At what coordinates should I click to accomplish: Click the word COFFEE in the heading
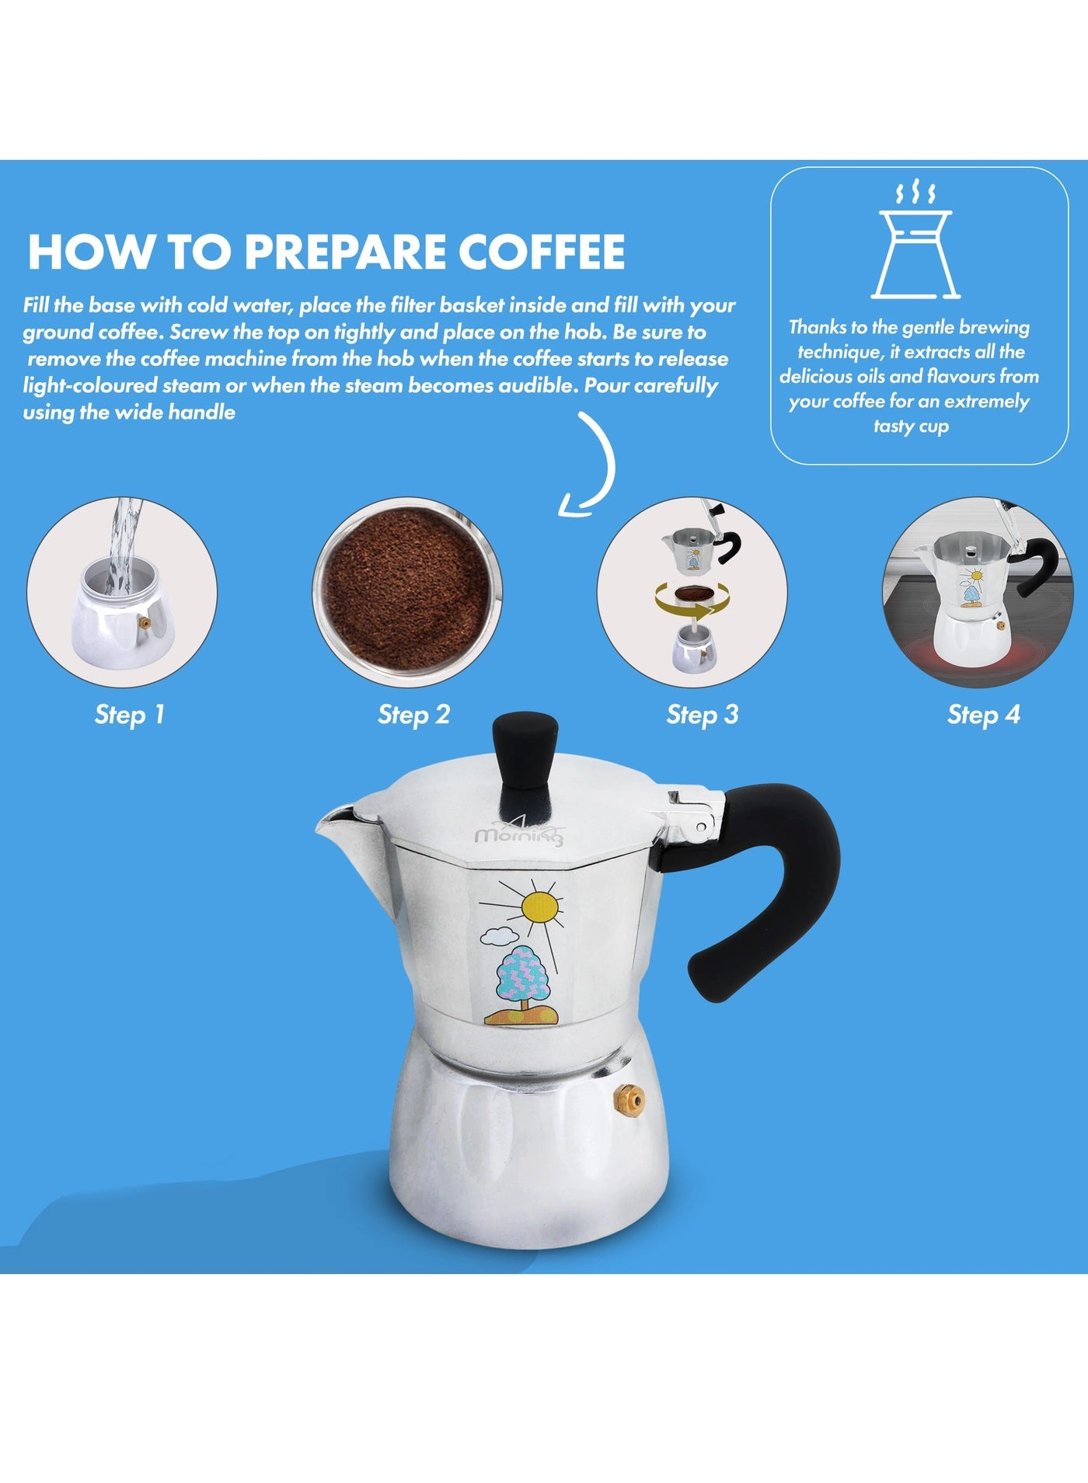coord(541,250)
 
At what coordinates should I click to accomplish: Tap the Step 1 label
coord(130,715)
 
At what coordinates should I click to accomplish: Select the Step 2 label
coord(414,715)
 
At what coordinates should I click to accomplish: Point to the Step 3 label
coord(703,715)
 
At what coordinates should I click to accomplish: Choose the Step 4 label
coord(984,715)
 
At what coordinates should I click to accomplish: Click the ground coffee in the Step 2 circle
coord(407,592)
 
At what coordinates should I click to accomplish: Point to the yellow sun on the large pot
coord(542,906)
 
